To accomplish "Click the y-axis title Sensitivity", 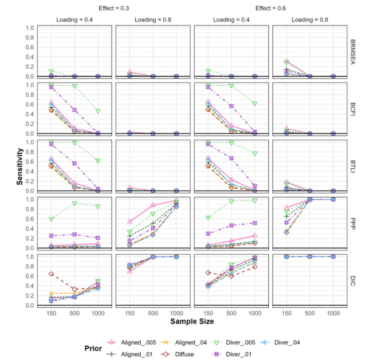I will [x=19, y=167].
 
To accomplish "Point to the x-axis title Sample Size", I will [x=192, y=322].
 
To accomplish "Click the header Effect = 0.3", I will [x=113, y=8].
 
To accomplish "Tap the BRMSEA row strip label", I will [x=353, y=52].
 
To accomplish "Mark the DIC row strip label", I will [x=353, y=281].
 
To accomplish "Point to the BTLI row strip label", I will [x=353, y=166].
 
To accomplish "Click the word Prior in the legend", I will [x=93, y=348].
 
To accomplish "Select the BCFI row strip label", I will [x=353, y=109].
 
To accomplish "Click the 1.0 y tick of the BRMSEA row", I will [x=30, y=27].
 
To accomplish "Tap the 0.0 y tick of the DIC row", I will [x=30, y=305].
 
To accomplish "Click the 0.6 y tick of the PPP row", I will [x=30, y=219].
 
